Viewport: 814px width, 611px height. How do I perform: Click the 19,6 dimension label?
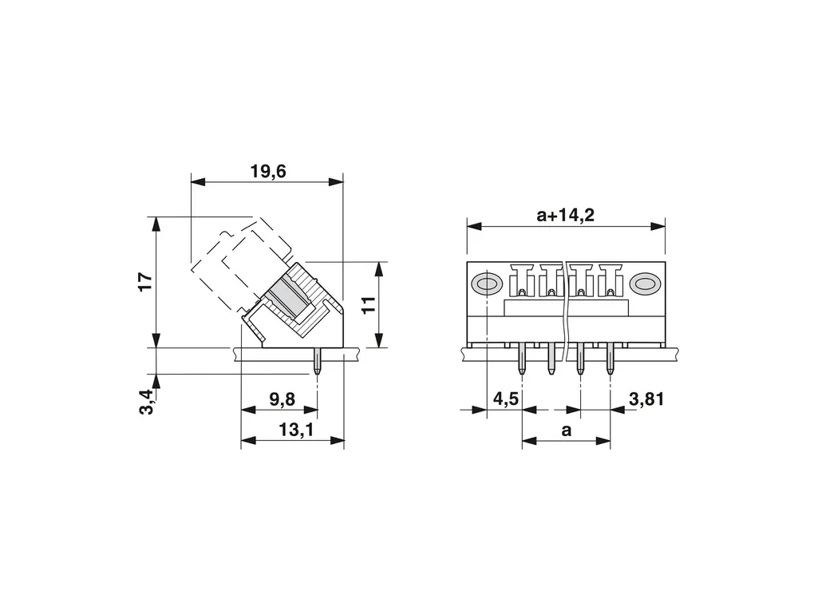click(x=268, y=172)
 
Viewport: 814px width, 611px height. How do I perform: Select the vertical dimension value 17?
click(x=146, y=281)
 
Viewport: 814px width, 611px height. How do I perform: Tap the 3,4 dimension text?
click(x=147, y=402)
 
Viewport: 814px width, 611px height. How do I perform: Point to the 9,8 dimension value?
click(x=282, y=399)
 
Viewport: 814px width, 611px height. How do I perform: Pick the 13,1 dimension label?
click(x=296, y=430)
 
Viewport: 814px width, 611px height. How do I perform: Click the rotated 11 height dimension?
click(x=368, y=305)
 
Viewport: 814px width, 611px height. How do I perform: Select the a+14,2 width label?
click(x=565, y=215)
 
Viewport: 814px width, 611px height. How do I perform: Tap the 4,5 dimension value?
click(x=506, y=399)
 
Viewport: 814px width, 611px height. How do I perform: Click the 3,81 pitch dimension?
click(x=646, y=399)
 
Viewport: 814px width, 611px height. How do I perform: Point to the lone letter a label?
click(x=567, y=430)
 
